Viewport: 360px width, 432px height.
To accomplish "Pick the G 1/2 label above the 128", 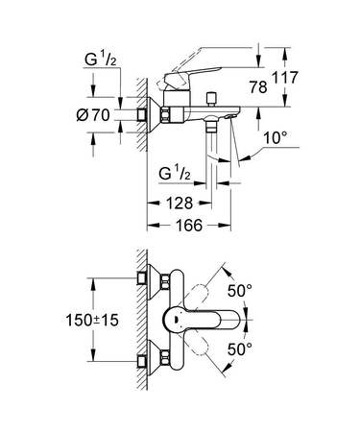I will point(177,174).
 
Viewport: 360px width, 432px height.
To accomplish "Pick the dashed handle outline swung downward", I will point(215,353).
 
